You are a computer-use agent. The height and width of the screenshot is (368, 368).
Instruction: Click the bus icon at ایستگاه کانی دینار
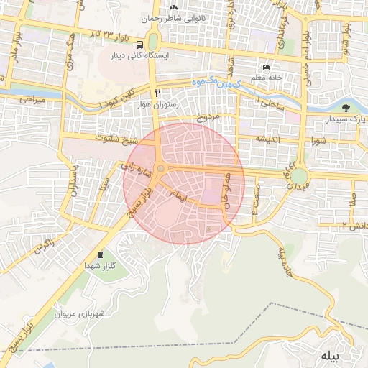[x=115, y=55]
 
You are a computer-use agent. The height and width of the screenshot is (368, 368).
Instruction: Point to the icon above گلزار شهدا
[x=99, y=254]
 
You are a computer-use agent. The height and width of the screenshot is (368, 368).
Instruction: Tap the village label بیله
[x=330, y=356]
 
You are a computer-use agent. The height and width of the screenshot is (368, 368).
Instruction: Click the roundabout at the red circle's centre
[x=162, y=169]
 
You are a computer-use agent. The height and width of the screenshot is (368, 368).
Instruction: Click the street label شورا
[x=319, y=140]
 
